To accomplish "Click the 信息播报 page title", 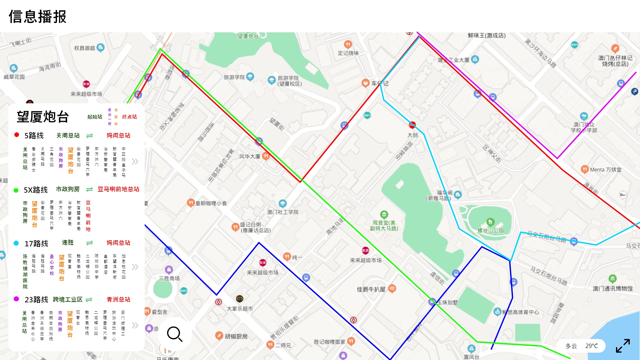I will coord(38,17).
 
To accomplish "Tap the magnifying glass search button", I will coord(175,334).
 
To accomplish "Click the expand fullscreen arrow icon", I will coord(623,346).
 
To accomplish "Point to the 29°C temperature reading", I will coord(591,346).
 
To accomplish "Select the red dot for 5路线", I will coord(17,135).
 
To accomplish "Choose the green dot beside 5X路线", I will coord(16,190).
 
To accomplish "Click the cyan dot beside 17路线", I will coord(16,243).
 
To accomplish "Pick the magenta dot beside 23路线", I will coord(16,299).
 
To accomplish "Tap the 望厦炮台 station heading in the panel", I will coord(43,117).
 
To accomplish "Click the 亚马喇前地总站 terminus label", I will coord(118,189).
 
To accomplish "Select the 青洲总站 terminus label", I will coord(118,299).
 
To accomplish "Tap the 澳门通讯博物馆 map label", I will coord(612,289).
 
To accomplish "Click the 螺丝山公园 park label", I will coord(490,230).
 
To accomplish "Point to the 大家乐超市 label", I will coord(240,309).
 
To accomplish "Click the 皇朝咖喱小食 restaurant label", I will coord(211,203).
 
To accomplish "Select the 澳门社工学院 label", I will coord(283,212).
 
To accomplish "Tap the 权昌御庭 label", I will coord(85,48).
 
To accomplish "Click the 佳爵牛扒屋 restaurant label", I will coord(371,289).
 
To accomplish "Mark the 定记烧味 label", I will coord(348,53).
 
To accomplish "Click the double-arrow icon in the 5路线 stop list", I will coord(135,162).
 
